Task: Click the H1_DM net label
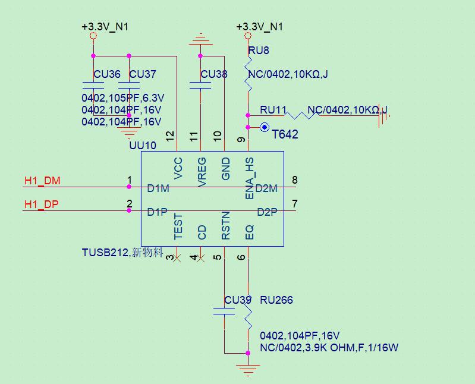pyautogui.click(x=42, y=181)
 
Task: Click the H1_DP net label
pyautogui.click(x=42, y=204)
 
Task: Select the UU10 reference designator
pyautogui.click(x=143, y=146)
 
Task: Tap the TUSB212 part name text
pyautogui.click(x=105, y=252)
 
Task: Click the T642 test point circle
pyautogui.click(x=265, y=127)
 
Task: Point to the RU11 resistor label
pyautogui.click(x=273, y=109)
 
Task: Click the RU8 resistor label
pyautogui.click(x=259, y=51)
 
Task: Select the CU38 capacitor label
pyautogui.click(x=214, y=74)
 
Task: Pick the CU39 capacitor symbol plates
pyautogui.click(x=224, y=311)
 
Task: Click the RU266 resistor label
pyautogui.click(x=276, y=300)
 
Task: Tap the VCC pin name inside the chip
pyautogui.click(x=178, y=168)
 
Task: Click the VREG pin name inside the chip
pyautogui.click(x=202, y=172)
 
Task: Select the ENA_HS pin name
pyautogui.click(x=249, y=178)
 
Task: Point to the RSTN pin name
pyautogui.click(x=226, y=226)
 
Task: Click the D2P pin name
pyautogui.click(x=267, y=212)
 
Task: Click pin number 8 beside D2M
pyautogui.click(x=295, y=180)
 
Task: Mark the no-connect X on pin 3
pyautogui.click(x=177, y=259)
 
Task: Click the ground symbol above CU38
pyautogui.click(x=200, y=39)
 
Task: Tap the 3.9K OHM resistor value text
pyautogui.click(x=329, y=347)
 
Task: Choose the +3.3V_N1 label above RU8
pyautogui.click(x=260, y=27)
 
